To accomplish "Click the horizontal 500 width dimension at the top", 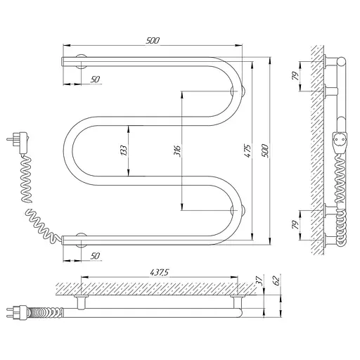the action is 153,40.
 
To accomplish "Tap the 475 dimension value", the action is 247,150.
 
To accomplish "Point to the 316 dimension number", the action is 177,151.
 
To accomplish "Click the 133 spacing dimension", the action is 124,150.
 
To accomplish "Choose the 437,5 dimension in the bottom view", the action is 160,272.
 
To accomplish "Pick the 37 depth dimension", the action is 259,281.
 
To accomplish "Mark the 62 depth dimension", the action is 276,281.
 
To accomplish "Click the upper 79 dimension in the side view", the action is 295,75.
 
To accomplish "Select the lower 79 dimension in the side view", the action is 295,225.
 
